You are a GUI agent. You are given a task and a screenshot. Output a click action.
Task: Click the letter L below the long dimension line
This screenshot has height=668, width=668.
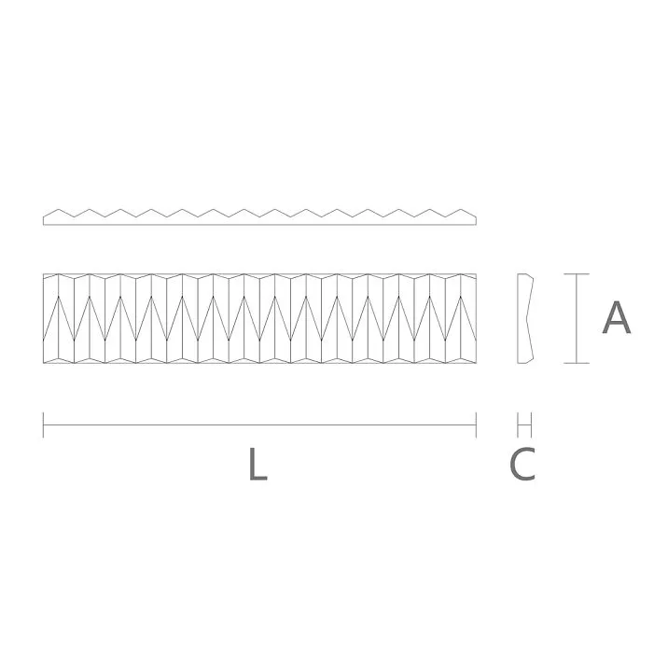[x=257, y=465]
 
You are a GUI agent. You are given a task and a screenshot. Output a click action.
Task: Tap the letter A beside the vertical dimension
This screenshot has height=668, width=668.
[x=616, y=318]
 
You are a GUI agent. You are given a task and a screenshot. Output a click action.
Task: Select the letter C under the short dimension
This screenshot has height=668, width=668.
[x=523, y=465]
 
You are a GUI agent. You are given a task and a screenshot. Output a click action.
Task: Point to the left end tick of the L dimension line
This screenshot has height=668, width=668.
[x=44, y=424]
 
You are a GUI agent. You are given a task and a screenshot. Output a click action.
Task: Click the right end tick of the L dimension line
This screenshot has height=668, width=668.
[x=476, y=424]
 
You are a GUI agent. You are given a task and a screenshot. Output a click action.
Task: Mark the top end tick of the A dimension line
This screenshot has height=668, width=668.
[x=577, y=274]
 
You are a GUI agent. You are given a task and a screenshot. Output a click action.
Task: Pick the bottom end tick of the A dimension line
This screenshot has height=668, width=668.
[x=577, y=363]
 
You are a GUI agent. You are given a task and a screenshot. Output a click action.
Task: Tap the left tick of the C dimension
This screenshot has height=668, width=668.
[x=518, y=424]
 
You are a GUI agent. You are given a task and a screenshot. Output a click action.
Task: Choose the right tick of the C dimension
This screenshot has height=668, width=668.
[x=531, y=424]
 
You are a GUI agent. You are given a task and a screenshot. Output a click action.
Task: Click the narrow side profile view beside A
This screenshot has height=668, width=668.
[x=524, y=318]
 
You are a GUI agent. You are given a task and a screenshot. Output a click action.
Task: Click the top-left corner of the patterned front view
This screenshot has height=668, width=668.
[x=44, y=274]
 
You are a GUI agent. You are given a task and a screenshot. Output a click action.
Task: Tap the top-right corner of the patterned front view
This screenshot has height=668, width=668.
[x=476, y=274]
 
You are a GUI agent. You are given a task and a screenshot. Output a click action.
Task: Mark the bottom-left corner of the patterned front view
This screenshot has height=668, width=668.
[x=44, y=363]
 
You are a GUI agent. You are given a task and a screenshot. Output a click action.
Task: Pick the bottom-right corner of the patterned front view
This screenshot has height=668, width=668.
[x=476, y=363]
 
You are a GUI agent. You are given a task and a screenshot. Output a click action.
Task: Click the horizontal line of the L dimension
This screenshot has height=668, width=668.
[x=259, y=424]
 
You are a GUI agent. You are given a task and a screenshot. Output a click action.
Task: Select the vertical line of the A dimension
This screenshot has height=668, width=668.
[x=577, y=318]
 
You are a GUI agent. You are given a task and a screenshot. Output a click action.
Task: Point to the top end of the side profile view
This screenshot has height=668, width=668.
[x=524, y=275]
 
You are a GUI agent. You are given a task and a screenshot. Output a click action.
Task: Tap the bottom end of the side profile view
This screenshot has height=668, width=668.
[x=524, y=362]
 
